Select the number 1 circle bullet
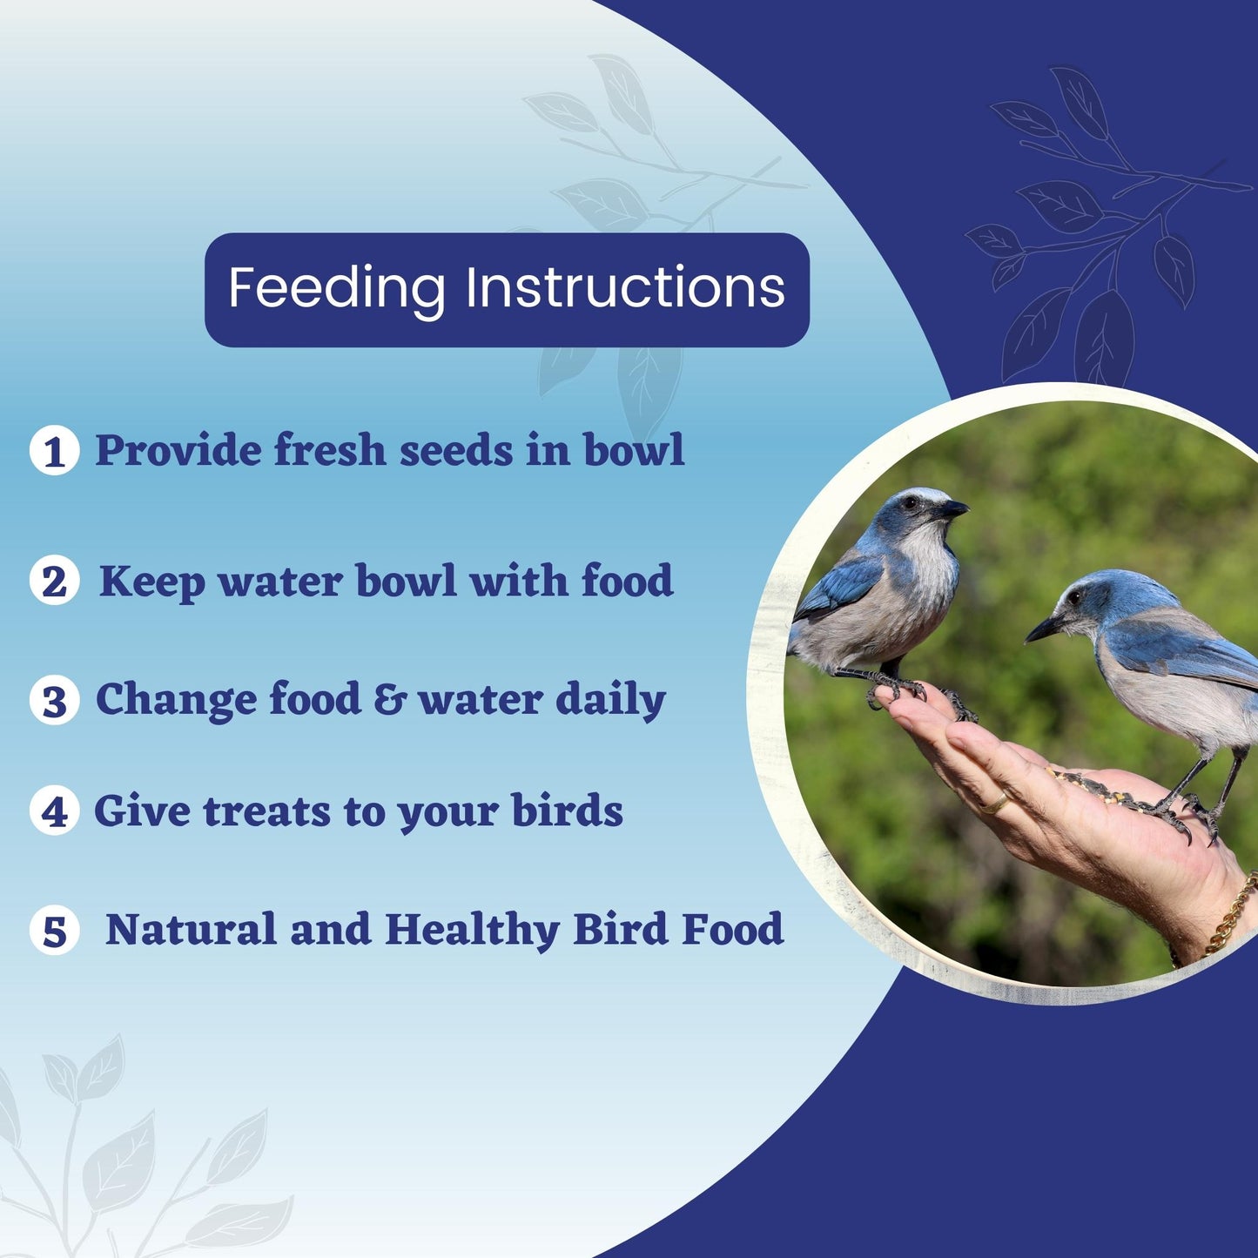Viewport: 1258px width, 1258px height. [x=54, y=450]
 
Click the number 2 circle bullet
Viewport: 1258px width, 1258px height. [x=54, y=581]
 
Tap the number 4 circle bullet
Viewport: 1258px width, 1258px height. [x=54, y=811]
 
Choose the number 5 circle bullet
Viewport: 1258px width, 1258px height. [x=54, y=931]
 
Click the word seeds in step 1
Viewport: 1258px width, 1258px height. [x=456, y=451]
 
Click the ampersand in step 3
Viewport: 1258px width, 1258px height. [x=390, y=699]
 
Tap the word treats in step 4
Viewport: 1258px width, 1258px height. [x=266, y=812]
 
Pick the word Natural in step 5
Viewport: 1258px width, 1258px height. [x=191, y=930]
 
